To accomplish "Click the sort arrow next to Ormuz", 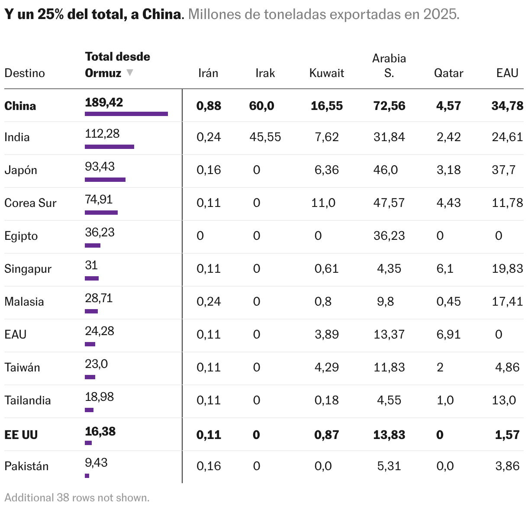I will click(x=129, y=73).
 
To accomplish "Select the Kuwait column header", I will click(x=326, y=73).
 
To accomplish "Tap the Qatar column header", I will click(x=448, y=73).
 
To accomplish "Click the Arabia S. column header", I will click(x=389, y=65).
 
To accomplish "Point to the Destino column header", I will click(x=25, y=73).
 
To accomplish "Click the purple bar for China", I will click(x=126, y=114).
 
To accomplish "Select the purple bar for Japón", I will click(x=105, y=179).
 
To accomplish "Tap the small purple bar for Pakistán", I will click(x=87, y=476).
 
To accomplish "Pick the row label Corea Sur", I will click(x=30, y=203).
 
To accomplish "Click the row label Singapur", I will click(x=28, y=268).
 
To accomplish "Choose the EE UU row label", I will click(x=21, y=435).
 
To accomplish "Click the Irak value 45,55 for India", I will click(x=265, y=137).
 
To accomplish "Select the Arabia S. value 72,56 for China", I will click(x=389, y=106).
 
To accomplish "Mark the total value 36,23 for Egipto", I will click(x=100, y=232).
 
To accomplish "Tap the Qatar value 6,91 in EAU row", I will click(x=448, y=334).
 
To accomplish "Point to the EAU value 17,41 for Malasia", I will click(x=507, y=301).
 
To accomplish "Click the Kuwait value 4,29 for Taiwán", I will click(x=326, y=367).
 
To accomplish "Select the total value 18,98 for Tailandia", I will click(x=99, y=397).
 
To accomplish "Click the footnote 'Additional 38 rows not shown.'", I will click(x=77, y=497).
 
